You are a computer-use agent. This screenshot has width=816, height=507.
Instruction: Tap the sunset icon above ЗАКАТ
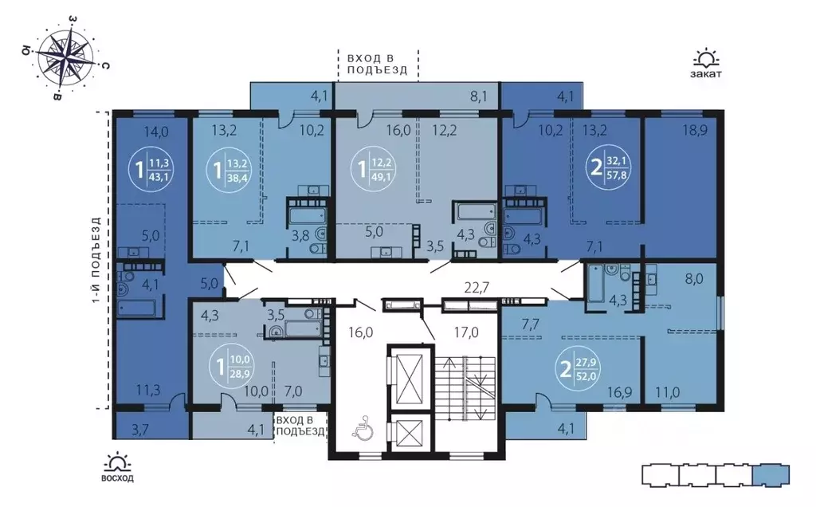click(706, 58)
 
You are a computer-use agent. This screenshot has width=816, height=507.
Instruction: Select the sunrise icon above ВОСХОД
click(117, 462)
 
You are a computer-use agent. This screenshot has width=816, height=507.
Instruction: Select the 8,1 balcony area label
click(480, 97)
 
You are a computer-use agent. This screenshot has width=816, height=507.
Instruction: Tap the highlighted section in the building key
click(770, 474)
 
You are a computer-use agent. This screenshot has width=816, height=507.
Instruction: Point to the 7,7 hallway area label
click(532, 324)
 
